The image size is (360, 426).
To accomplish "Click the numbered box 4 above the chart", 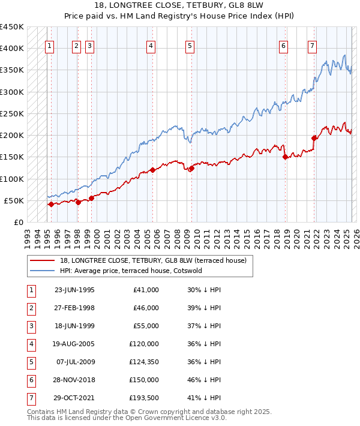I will tap(151, 46).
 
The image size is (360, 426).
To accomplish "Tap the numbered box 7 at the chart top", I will tap(312, 46).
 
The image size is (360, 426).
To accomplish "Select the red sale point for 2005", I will tap(152, 170).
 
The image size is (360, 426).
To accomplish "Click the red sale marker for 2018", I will tap(285, 157).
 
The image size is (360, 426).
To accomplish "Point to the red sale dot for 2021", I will tap(314, 138).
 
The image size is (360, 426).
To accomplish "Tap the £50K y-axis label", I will tap(14, 200).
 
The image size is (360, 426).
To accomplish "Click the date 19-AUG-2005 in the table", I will tap(74, 344).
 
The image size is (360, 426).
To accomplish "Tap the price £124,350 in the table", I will tap(142, 362).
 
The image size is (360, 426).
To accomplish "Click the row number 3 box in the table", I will tap(31, 326).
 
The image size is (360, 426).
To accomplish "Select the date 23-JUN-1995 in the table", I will tap(74, 290).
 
